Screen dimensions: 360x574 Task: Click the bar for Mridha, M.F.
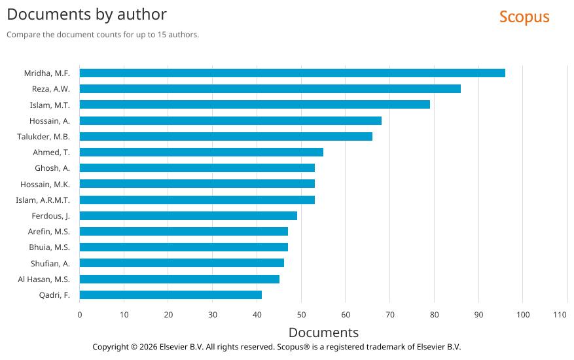point(292,73)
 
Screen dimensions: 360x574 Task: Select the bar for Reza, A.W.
point(270,88)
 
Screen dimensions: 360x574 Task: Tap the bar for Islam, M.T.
point(255,105)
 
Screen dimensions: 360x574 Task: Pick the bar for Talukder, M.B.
point(226,136)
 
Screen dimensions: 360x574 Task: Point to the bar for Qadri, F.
point(170,295)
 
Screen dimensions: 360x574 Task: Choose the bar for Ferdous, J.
point(188,215)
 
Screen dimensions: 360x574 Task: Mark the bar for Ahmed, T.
point(201,152)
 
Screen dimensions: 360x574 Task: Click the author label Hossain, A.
point(50,120)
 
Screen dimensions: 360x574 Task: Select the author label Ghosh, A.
point(52,168)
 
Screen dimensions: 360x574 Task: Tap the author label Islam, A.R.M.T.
point(43,200)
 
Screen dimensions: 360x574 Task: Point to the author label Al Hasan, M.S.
point(44,279)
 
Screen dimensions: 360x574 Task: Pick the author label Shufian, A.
point(50,263)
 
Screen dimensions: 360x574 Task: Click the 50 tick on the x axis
point(301,315)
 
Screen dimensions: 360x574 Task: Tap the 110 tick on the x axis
point(560,315)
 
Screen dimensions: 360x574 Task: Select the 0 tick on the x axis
point(80,315)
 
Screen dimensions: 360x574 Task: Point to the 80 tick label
point(434,315)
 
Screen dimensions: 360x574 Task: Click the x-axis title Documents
point(323,332)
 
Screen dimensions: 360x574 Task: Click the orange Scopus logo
point(524,17)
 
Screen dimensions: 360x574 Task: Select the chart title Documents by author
point(86,14)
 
